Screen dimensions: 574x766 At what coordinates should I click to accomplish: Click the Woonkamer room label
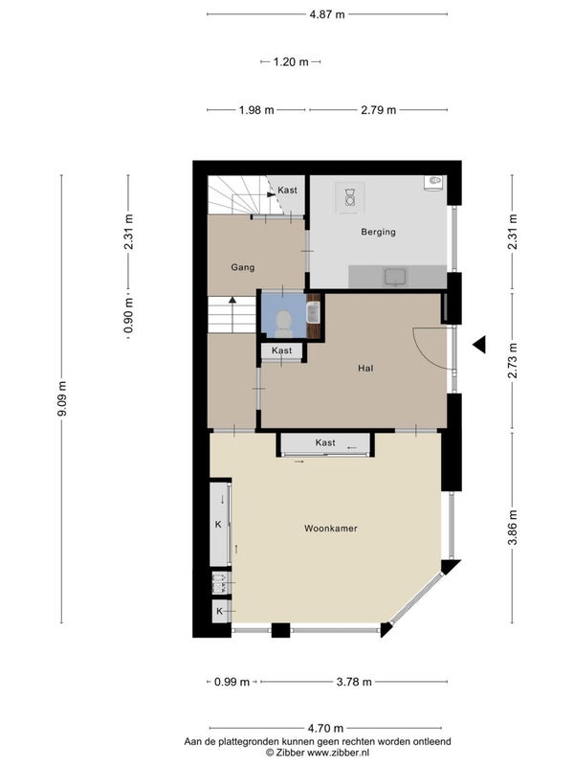[330, 529]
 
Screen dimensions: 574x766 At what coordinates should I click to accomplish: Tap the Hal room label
[365, 369]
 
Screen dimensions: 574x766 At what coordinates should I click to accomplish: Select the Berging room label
[378, 232]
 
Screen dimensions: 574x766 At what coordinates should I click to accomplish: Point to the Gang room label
[243, 267]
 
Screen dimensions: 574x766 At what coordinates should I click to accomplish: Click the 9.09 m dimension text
[62, 399]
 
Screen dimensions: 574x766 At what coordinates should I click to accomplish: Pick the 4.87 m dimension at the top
[327, 14]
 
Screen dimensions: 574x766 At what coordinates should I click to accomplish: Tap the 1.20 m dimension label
[291, 62]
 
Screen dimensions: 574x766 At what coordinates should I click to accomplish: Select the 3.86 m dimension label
[513, 528]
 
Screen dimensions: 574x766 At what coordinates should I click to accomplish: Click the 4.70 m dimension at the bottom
[325, 729]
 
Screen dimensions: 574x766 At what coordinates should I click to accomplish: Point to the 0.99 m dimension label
[232, 682]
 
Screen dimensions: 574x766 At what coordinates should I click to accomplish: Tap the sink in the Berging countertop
[395, 277]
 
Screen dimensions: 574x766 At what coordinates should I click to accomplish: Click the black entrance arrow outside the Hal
[480, 345]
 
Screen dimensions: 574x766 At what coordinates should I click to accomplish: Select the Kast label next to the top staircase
[288, 190]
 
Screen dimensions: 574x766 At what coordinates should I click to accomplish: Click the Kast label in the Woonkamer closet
[325, 442]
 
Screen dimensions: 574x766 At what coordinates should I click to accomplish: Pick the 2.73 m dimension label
[513, 361]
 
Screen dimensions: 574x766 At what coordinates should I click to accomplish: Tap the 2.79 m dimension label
[378, 110]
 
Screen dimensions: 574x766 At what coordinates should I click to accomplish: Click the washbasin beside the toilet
[313, 313]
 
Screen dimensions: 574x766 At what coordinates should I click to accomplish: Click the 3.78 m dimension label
[354, 682]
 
